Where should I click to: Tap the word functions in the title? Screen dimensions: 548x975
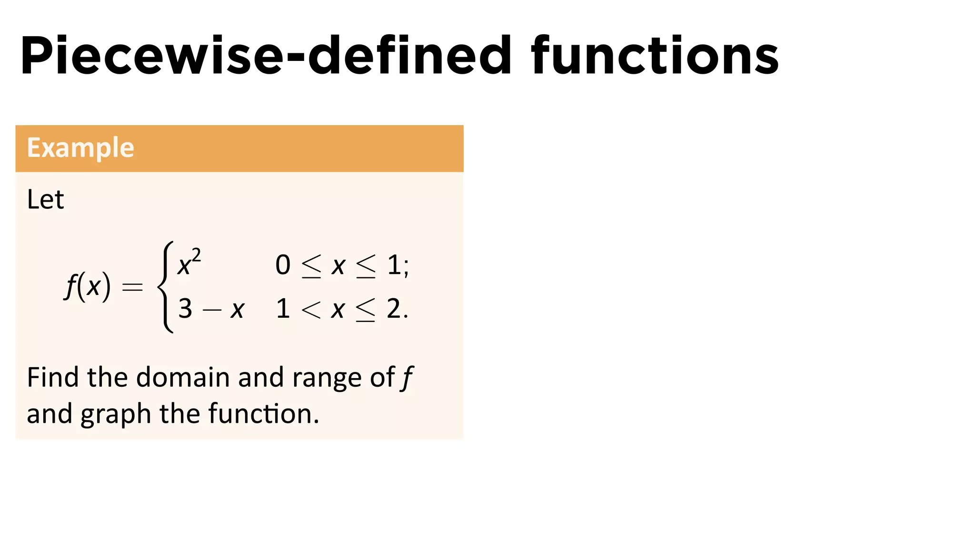point(655,56)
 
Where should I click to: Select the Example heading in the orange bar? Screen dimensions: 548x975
point(80,147)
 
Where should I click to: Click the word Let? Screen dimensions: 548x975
point(45,199)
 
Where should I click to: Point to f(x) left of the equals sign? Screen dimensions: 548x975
point(88,286)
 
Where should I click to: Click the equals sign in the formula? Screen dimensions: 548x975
point(132,287)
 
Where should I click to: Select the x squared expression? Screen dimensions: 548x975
point(189,263)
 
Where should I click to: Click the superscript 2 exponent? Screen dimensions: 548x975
point(196,255)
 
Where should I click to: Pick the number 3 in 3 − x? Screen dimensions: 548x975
point(185,309)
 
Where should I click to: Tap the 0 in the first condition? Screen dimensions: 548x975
point(283,265)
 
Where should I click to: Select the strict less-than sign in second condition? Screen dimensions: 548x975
point(311,310)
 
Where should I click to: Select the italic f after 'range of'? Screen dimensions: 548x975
point(407,378)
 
